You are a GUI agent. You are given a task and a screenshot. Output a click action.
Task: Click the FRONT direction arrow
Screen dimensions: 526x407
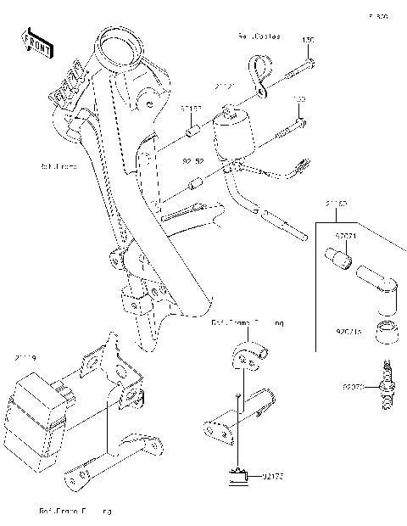coord(36,42)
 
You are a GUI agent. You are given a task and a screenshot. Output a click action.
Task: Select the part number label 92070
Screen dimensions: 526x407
coord(353,388)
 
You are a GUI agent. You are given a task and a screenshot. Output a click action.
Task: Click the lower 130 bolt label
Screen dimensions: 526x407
coord(298,98)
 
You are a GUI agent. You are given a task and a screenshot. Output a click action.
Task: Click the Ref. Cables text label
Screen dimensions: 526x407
coord(258,38)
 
